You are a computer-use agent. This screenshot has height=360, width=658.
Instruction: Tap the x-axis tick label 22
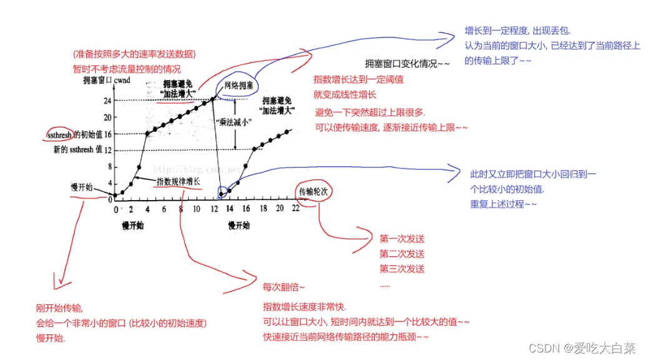[x=295, y=209]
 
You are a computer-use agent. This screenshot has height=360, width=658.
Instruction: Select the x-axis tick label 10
[x=197, y=209]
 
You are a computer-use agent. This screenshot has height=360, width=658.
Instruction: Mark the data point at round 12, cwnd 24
[x=213, y=99]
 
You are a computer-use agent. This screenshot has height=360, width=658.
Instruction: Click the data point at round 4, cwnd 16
[x=147, y=133]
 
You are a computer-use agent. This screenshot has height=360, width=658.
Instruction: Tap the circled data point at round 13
[x=221, y=194]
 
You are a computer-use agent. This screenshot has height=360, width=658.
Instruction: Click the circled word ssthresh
[x=59, y=134]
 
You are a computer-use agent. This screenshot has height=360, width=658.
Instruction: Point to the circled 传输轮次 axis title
[x=313, y=191]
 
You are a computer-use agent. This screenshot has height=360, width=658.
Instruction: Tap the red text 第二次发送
[x=402, y=254]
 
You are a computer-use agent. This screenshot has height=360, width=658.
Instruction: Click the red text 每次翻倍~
[x=284, y=287]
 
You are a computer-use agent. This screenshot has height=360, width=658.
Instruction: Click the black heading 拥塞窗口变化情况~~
[x=407, y=64]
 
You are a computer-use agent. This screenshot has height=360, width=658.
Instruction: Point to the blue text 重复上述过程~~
[x=503, y=204]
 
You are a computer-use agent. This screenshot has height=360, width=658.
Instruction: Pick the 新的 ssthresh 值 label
[x=77, y=150]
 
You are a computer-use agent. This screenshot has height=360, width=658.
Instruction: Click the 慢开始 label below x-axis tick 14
[x=239, y=225]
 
